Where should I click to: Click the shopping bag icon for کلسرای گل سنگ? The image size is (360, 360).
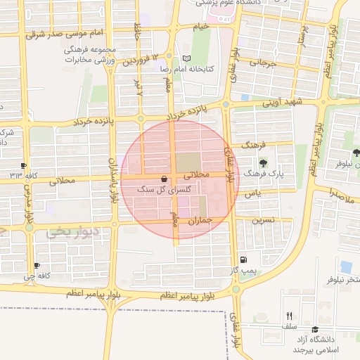(164, 179)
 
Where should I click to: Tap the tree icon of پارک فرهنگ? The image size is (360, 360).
(263, 162)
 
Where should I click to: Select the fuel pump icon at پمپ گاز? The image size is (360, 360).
(243, 259)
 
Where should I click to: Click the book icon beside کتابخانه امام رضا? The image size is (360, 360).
(186, 58)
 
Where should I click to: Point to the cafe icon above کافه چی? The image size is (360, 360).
(37, 266)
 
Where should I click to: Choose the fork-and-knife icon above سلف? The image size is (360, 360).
(289, 316)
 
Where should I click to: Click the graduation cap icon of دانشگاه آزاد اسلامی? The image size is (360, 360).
(315, 329)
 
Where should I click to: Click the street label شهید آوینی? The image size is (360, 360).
(282, 103)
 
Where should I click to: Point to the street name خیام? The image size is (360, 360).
(201, 27)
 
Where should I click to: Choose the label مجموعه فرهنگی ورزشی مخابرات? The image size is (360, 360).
(90, 56)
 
